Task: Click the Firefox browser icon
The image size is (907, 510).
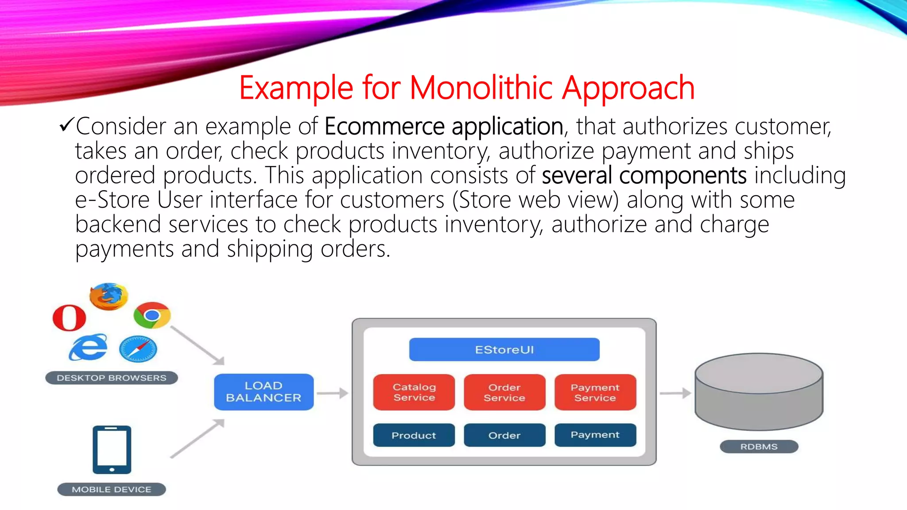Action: (109, 296)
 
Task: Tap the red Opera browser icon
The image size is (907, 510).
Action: (69, 317)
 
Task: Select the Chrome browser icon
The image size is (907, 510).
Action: (152, 315)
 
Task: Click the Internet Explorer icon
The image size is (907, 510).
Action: (88, 348)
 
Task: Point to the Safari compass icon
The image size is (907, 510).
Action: (138, 349)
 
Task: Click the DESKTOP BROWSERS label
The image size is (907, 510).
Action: (112, 378)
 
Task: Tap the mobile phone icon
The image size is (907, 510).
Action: (112, 449)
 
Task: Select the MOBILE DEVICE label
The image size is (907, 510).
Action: (112, 489)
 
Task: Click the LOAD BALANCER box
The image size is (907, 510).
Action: (264, 392)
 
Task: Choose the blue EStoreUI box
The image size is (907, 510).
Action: (504, 350)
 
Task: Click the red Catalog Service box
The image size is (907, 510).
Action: (414, 392)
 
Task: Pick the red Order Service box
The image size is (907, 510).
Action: (504, 392)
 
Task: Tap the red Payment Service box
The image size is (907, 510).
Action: (595, 392)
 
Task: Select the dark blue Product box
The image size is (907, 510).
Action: (414, 435)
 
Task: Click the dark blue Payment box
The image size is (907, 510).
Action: (595, 435)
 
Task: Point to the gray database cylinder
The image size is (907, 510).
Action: (759, 392)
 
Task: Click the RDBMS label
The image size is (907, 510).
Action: (759, 446)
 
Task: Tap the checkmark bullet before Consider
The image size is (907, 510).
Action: (66, 125)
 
